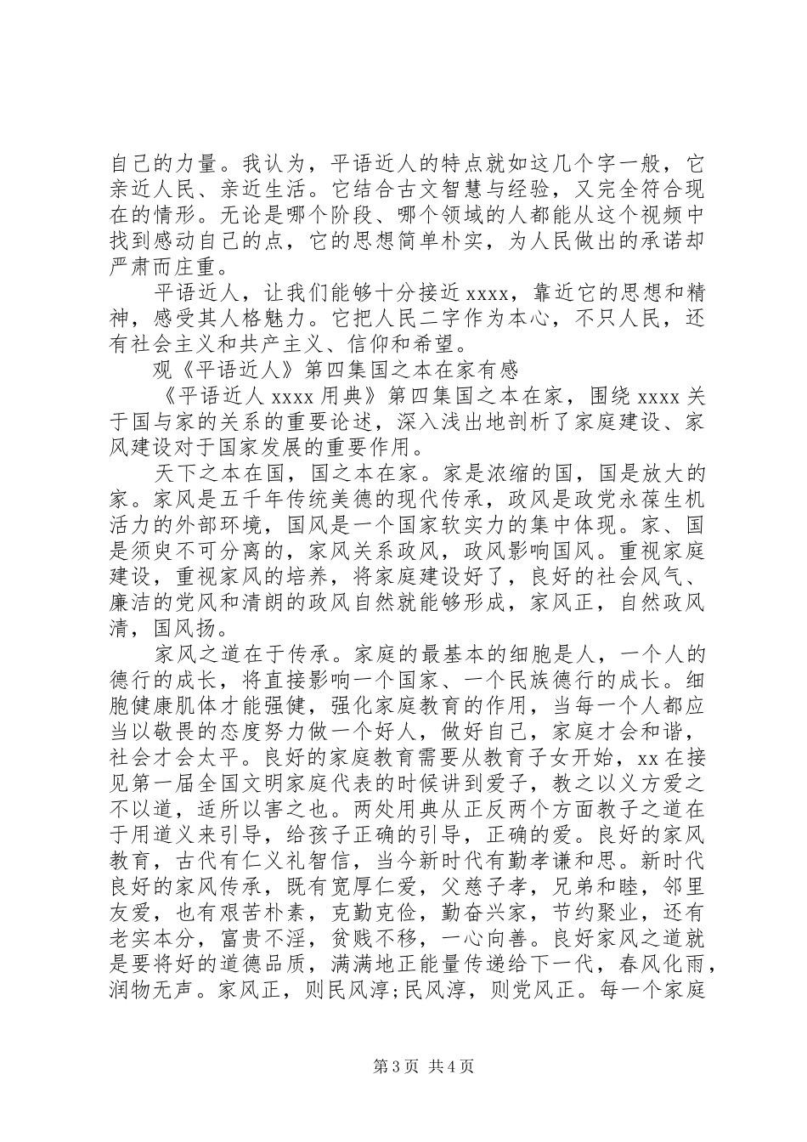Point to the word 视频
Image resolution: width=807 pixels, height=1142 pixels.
coord(652,213)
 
